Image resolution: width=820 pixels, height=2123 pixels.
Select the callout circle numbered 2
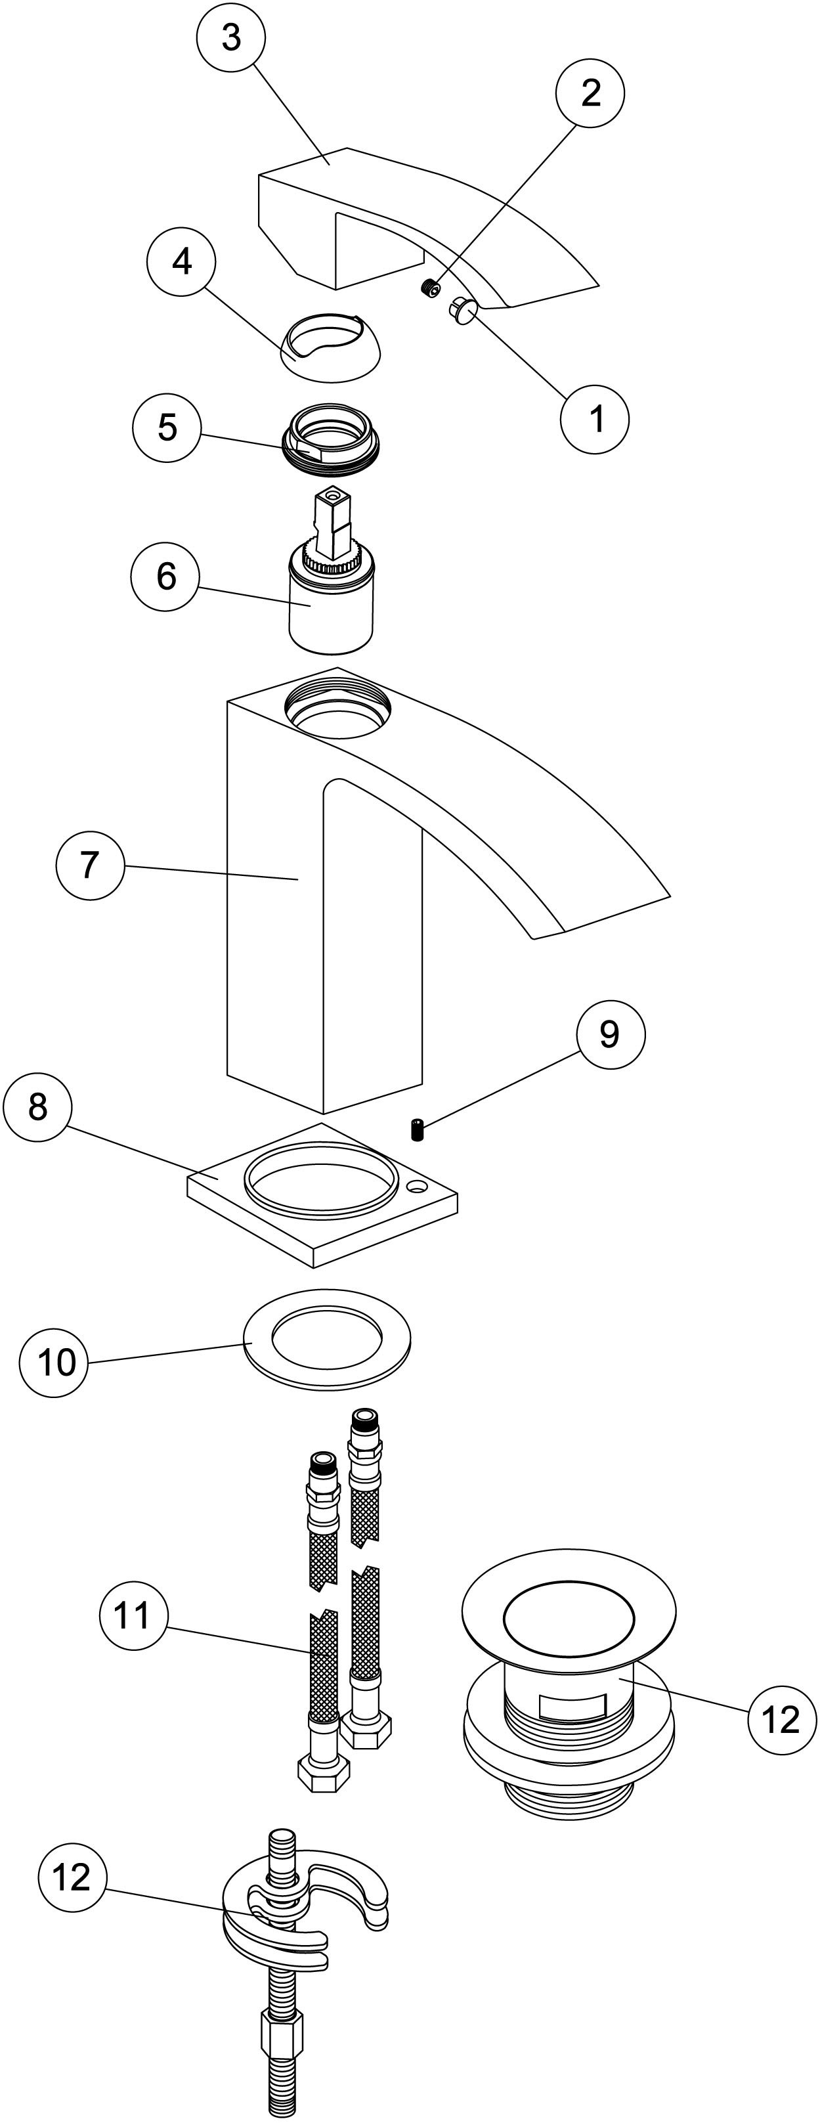[590, 93]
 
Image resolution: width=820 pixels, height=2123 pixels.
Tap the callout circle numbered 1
[595, 419]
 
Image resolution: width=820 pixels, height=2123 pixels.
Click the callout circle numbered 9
[610, 1034]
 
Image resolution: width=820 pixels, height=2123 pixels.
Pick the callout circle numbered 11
[133, 1615]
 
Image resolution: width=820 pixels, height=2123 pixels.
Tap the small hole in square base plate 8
[417, 1188]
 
